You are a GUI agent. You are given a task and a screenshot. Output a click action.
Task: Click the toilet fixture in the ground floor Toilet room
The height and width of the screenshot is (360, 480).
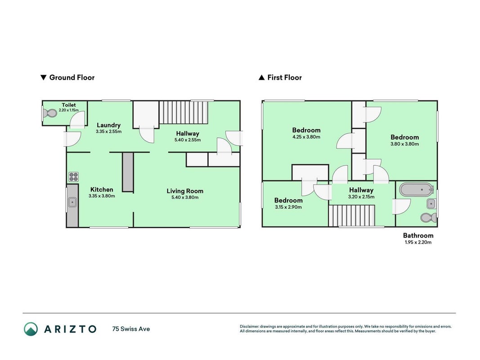coord(50,114)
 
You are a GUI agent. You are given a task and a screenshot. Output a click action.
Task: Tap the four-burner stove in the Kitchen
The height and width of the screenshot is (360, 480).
coord(73,177)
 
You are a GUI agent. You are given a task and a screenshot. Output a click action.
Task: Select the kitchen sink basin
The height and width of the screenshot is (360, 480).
coord(72,202)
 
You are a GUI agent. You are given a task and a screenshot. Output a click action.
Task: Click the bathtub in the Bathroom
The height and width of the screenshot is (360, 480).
coord(417,189)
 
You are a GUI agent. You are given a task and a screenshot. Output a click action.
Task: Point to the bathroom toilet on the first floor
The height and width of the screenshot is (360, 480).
coord(429,218)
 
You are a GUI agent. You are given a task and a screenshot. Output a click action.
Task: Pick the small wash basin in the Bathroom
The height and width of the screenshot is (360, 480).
coord(431,203)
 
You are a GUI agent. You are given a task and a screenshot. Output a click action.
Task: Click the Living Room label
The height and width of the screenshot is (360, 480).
coord(185,191)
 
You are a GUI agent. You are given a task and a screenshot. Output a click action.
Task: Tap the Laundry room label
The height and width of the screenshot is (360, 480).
coord(109,125)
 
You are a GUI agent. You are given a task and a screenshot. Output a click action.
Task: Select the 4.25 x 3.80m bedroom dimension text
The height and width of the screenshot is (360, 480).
coord(306,137)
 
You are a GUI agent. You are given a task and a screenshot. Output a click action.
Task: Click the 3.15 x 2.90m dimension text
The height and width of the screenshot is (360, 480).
coord(288,207)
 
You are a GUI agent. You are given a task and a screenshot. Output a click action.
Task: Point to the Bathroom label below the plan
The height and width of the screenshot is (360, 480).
coord(418,235)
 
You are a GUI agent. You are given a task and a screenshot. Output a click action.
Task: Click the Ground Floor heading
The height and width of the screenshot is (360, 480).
coord(67,77)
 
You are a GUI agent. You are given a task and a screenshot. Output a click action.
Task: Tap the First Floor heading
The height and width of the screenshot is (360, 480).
coord(280,77)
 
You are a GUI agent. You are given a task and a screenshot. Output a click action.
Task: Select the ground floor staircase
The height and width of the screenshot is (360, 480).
coord(184,112)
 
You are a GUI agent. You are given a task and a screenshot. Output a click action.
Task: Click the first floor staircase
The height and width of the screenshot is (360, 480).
coord(352,216)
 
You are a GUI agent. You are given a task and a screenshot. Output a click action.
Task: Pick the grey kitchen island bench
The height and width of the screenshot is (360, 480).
coord(128,172)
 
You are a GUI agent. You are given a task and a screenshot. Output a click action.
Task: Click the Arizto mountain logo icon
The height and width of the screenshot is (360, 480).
coord(31,329)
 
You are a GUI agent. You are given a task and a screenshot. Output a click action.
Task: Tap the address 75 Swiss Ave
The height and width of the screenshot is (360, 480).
coord(131,329)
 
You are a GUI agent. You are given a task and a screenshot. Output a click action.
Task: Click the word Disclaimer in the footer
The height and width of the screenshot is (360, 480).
coord(249,327)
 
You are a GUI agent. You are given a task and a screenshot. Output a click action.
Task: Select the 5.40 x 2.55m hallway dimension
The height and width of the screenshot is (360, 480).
coord(188,140)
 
